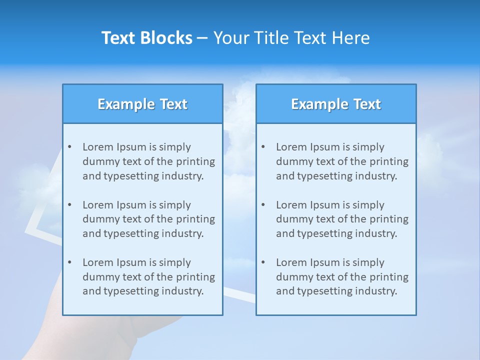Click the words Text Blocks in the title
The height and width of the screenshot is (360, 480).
pyautogui.click(x=147, y=38)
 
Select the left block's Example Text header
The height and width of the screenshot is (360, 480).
pyautogui.click(x=142, y=104)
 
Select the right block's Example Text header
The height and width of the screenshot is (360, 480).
pyautogui.click(x=336, y=104)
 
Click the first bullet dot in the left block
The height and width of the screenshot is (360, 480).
pyautogui.click(x=69, y=147)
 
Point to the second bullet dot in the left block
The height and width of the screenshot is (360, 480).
pyautogui.click(x=69, y=205)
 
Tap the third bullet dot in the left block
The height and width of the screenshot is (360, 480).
pyautogui.click(x=69, y=262)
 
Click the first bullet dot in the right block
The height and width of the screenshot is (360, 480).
pyautogui.click(x=263, y=147)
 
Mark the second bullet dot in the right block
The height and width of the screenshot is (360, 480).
pyautogui.click(x=263, y=205)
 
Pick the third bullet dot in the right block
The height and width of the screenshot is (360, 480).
pyautogui.click(x=263, y=262)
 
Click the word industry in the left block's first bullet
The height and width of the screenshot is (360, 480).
pyautogui.click(x=185, y=176)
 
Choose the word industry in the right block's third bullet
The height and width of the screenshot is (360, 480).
pyautogui.click(x=378, y=291)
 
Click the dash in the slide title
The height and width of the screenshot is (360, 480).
pyautogui.click(x=203, y=38)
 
